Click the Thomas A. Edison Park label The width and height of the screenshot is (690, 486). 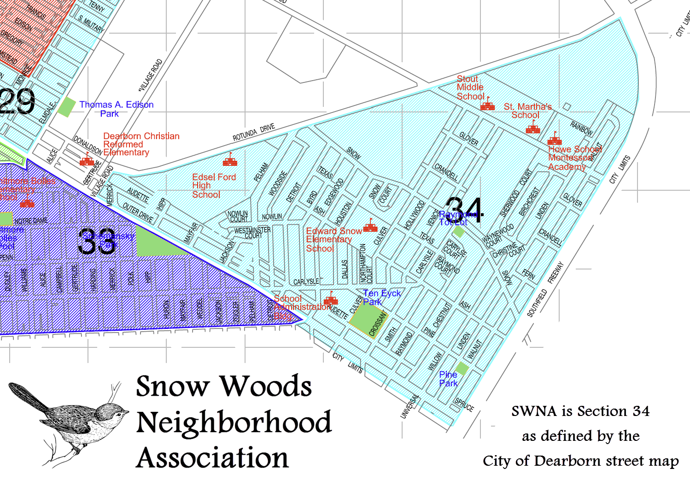116,109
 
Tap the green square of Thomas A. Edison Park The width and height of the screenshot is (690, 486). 67,107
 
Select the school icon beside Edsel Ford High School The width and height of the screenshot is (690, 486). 230,161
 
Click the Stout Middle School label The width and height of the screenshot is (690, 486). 470,88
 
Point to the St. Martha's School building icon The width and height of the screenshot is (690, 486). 533,129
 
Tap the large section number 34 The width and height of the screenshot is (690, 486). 464,211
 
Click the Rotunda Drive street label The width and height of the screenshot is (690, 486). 253,132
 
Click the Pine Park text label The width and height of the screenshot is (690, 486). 448,379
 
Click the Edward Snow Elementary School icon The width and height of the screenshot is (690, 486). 370,227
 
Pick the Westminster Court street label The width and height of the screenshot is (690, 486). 252,233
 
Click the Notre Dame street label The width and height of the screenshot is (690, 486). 31,221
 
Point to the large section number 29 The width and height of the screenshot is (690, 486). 18,101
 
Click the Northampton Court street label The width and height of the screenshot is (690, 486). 366,263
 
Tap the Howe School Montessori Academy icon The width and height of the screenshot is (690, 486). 555,140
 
